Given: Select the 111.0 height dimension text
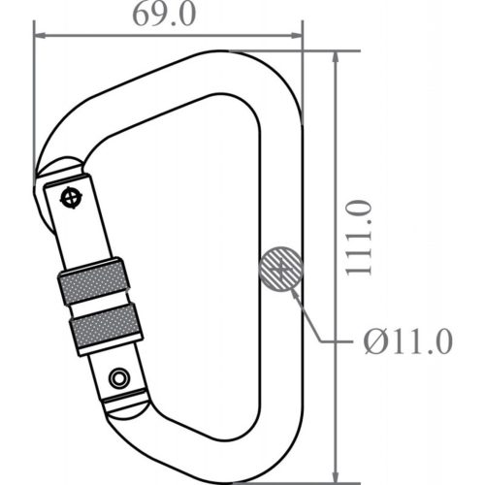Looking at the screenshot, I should pos(362,239).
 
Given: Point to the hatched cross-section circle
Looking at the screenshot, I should pos(281,267).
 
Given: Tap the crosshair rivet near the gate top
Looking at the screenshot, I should pos(71,196).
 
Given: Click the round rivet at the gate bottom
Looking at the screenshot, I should pos(119,376).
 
